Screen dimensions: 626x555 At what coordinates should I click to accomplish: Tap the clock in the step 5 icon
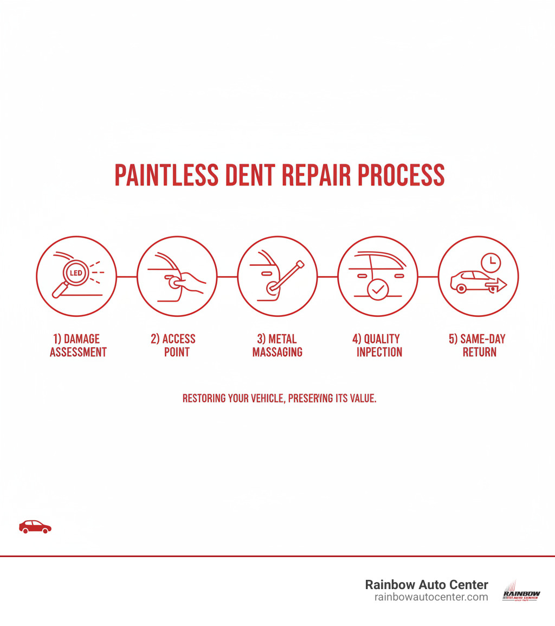[x=491, y=263]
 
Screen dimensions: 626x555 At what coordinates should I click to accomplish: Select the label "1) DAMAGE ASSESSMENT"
[x=78, y=346]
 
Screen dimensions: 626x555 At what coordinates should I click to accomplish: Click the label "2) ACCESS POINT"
[x=173, y=346]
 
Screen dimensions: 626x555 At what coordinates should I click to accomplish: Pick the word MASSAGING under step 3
[x=277, y=352]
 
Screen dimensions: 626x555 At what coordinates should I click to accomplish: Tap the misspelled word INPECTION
[x=379, y=352]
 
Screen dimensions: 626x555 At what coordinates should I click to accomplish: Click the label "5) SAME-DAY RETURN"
[x=477, y=346]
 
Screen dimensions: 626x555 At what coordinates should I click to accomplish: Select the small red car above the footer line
[x=35, y=526]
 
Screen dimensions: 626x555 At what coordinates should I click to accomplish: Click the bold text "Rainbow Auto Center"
[x=427, y=585]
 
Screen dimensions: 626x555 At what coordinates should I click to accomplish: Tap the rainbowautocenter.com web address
[x=431, y=597]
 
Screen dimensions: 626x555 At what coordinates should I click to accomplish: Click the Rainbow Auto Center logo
[x=521, y=590]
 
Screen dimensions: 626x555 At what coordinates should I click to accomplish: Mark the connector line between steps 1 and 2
[x=127, y=277]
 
